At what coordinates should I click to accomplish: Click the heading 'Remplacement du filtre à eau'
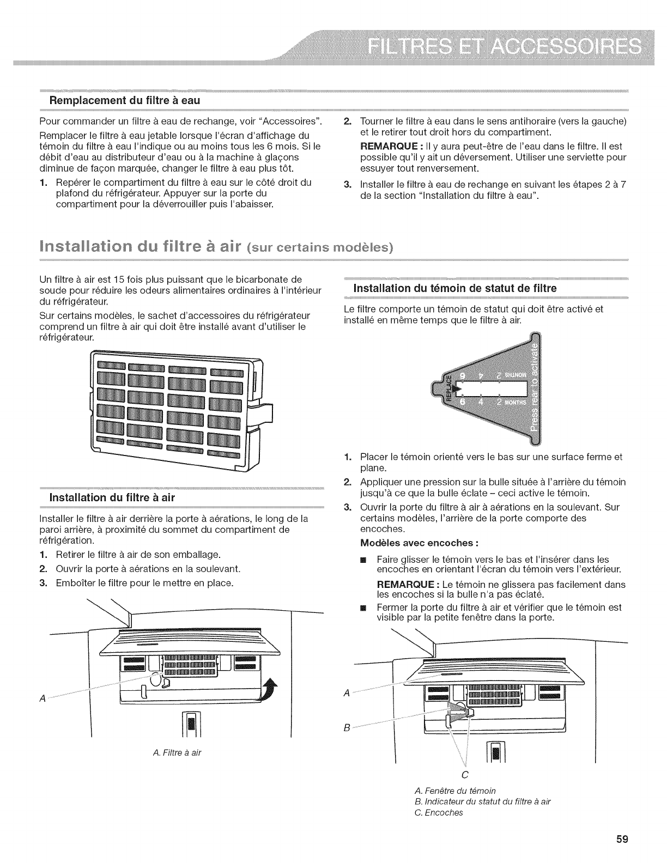[x=125, y=100]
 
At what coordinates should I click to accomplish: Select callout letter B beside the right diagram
[x=347, y=727]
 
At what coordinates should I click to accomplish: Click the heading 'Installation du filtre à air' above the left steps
[x=112, y=497]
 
